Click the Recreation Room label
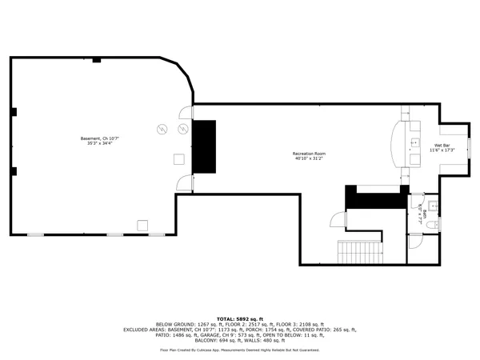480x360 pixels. (x=309, y=155)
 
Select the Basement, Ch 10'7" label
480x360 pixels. (x=101, y=141)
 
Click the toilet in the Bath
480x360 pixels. (x=432, y=226)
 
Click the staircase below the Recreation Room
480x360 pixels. (x=353, y=253)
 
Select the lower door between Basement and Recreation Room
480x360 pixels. (x=186, y=182)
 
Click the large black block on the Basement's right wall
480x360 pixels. (x=204, y=146)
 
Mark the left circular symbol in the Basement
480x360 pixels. (x=162, y=129)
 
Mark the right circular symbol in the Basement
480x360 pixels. (x=182, y=129)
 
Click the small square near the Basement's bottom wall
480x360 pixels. (x=142, y=224)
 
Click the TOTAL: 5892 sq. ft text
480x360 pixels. (x=239, y=318)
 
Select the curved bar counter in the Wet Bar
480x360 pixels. (x=399, y=144)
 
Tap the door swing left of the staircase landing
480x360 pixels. (x=337, y=219)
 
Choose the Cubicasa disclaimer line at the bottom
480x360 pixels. (x=239, y=350)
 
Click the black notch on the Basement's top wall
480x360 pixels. (x=96, y=60)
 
